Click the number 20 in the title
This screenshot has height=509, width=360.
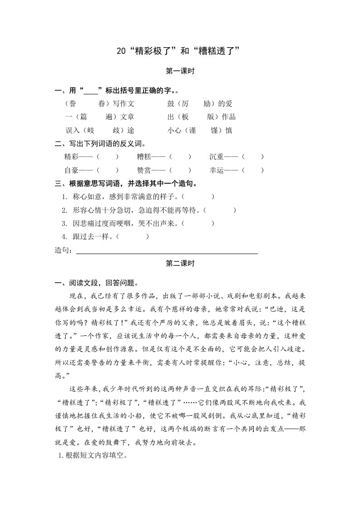[x=121, y=51]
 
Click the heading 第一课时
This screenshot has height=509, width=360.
[x=180, y=71]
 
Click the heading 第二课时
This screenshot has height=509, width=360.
[x=180, y=263]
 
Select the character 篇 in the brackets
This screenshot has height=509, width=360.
[x=83, y=117]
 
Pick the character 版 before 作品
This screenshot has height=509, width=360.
[x=211, y=117]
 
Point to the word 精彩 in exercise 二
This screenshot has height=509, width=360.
[x=72, y=157]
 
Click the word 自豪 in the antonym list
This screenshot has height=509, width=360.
[x=72, y=171]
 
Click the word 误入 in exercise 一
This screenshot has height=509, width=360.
[x=73, y=131]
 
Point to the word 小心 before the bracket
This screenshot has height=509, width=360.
[x=174, y=131]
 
